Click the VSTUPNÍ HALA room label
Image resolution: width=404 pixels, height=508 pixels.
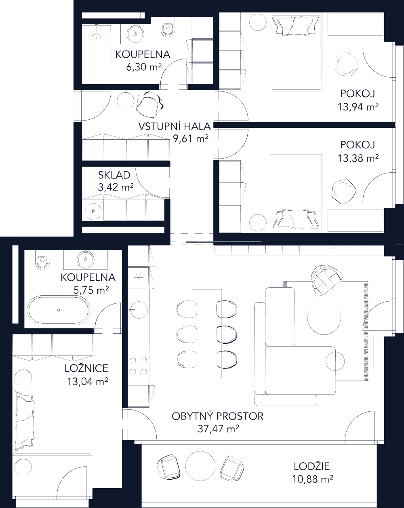point(175,126)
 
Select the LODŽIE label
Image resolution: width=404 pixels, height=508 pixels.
point(312,466)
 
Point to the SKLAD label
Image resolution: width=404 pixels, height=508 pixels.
point(114,175)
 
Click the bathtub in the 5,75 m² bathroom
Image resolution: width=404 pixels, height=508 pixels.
point(57,310)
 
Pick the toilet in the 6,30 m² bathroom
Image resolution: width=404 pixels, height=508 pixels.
point(167,29)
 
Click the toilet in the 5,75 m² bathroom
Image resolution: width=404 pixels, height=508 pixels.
point(42,262)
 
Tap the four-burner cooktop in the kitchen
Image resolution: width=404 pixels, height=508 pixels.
point(137,366)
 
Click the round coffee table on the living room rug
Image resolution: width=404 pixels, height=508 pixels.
point(324,317)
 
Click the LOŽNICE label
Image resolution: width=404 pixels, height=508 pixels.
point(86,368)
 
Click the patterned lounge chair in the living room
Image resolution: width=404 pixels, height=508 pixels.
point(327,279)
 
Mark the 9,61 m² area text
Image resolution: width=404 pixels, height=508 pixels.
point(191,139)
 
